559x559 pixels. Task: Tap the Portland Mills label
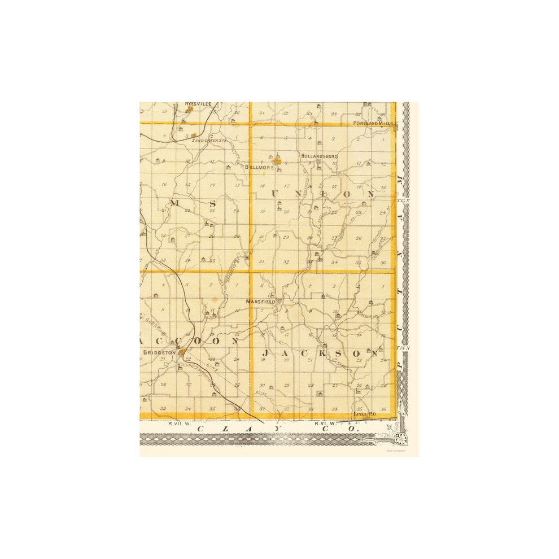point(373,123)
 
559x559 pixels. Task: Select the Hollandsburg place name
point(319,156)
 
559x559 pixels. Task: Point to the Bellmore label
point(259,167)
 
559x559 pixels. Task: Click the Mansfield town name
point(260,302)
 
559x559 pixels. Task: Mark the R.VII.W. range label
point(177,422)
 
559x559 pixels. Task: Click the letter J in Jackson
point(265,354)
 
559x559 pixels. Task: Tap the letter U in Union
point(276,194)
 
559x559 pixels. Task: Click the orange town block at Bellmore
point(277,161)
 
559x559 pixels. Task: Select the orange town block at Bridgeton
point(182,352)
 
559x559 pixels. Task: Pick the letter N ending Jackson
point(373,354)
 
